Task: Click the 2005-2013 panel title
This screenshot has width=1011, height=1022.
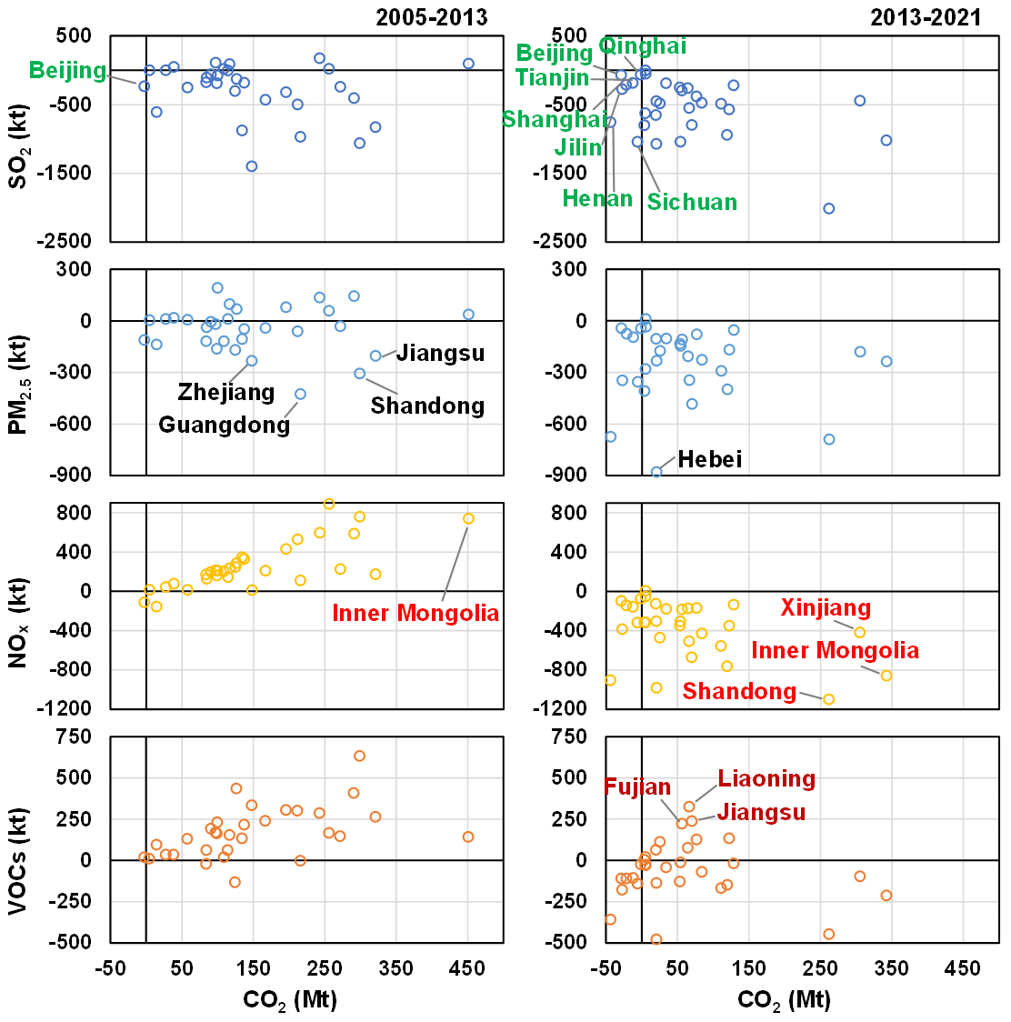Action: click(x=432, y=17)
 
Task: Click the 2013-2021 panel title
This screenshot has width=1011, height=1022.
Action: click(x=926, y=17)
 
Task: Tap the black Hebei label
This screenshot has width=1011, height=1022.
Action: click(x=710, y=459)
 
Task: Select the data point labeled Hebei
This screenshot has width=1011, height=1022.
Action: click(x=656, y=472)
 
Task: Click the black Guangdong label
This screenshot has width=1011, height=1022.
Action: click(x=224, y=425)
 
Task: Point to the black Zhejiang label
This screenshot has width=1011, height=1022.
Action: click(x=226, y=392)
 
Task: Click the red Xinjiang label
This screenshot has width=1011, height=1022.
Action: click(x=826, y=607)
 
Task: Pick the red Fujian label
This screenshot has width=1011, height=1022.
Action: click(x=637, y=787)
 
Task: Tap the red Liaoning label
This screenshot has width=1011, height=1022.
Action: click(x=766, y=778)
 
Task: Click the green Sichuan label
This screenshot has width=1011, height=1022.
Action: click(x=692, y=202)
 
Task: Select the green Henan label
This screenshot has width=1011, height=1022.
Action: click(x=597, y=198)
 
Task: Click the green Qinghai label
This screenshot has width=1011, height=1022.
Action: click(x=643, y=45)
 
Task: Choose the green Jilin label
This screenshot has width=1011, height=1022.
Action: click(x=578, y=147)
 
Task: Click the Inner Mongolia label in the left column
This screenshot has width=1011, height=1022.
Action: click(x=415, y=613)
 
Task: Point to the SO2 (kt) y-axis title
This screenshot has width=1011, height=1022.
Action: click(x=18, y=138)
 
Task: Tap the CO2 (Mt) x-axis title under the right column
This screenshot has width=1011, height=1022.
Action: click(x=784, y=1000)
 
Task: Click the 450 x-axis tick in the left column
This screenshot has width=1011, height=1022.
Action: click(x=468, y=968)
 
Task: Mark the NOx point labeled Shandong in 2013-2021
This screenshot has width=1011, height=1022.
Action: click(x=828, y=699)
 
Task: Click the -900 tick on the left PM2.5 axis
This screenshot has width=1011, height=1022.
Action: click(x=74, y=475)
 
